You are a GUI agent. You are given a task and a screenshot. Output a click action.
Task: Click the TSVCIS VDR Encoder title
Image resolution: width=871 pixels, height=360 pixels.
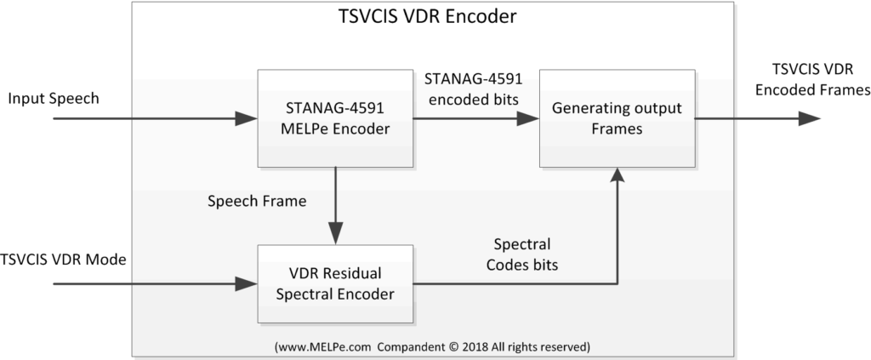pyautogui.click(x=430, y=16)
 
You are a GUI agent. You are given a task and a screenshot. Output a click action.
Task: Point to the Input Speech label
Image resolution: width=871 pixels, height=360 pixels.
pyautogui.click(x=54, y=99)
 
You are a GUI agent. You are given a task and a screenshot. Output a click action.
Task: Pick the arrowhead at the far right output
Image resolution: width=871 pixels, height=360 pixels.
pyautogui.click(x=810, y=118)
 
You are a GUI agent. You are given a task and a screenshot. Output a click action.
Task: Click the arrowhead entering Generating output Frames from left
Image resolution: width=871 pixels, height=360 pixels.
pyautogui.click(x=529, y=118)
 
